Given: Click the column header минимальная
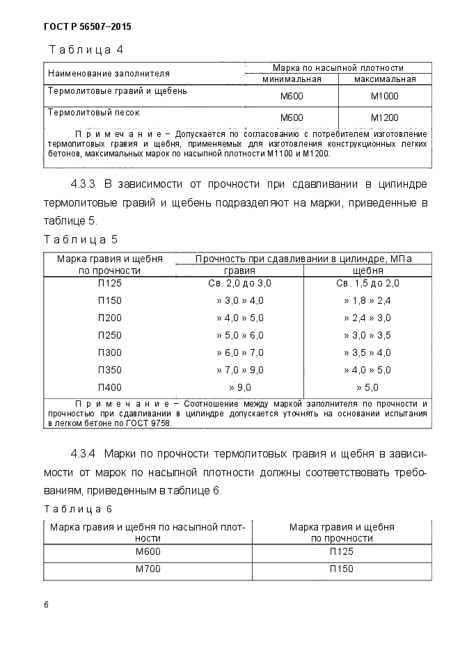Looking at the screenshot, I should point(291,79).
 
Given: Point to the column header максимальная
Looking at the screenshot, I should point(384,79).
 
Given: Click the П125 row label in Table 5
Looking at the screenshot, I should point(110,283).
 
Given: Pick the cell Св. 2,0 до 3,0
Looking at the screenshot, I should point(239,283).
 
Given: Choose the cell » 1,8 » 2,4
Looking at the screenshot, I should point(367,300).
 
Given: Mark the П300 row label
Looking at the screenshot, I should point(110,352).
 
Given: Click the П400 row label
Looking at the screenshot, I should point(110,387).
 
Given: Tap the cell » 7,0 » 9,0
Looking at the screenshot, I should point(239,370).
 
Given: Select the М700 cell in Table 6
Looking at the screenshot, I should point(148,569).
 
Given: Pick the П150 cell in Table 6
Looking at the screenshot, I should point(341,569).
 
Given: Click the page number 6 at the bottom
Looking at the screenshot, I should point(46,605).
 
